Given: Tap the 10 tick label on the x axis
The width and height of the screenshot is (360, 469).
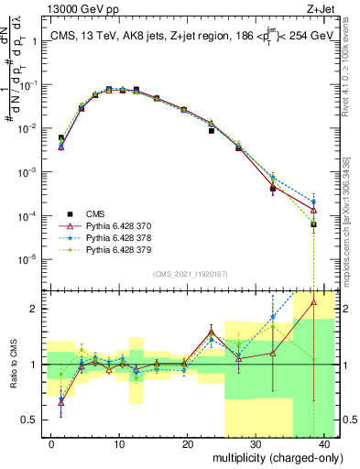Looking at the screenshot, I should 119,442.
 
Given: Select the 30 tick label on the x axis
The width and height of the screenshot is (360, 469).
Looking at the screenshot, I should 255,442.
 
